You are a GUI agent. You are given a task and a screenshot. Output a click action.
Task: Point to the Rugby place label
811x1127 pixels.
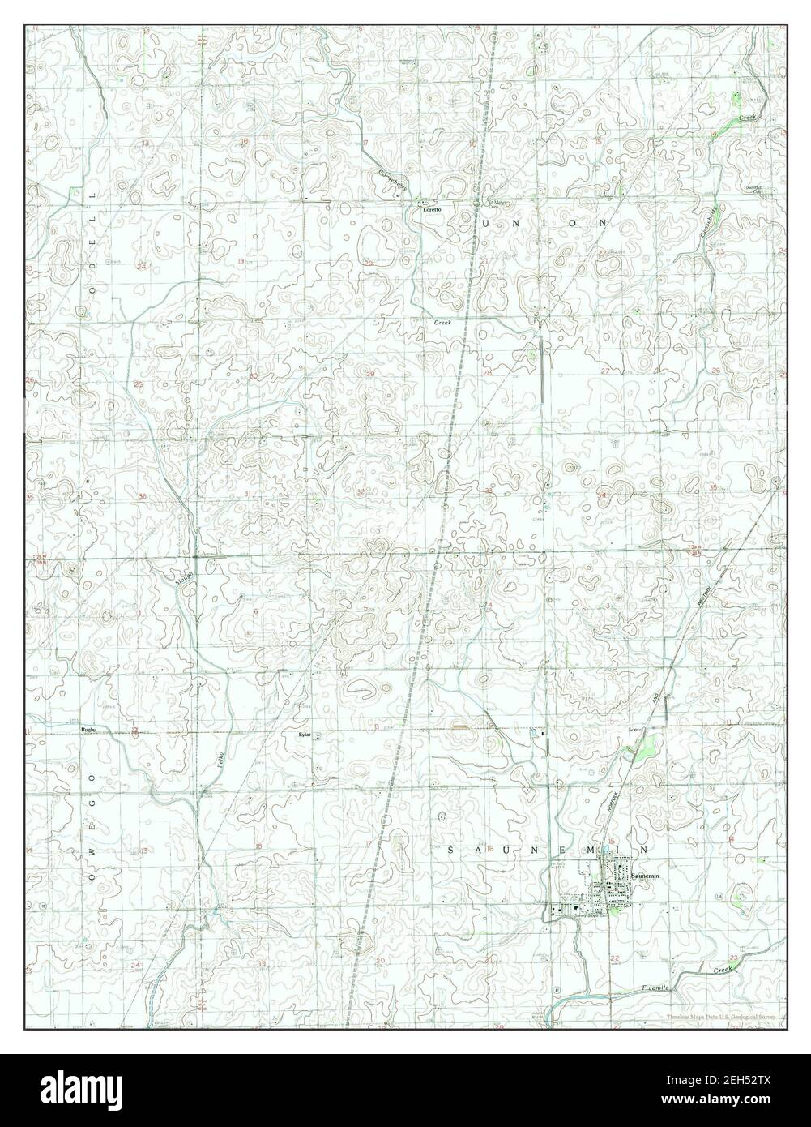(88, 730)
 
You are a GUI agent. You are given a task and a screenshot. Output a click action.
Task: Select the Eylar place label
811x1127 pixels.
(304, 735)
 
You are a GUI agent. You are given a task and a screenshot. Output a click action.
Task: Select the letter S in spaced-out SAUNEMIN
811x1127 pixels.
(451, 851)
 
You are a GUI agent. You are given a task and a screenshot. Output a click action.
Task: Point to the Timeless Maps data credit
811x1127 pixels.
(721, 1017)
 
